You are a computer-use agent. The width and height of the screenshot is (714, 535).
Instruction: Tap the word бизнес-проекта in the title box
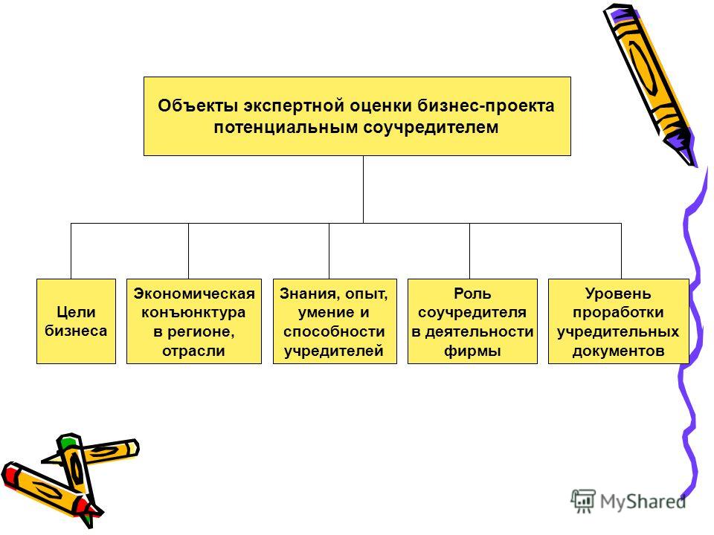[486, 106]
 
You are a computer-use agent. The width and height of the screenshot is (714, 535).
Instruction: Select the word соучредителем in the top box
[431, 127]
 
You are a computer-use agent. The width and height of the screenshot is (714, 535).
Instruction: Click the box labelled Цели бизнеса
[76, 321]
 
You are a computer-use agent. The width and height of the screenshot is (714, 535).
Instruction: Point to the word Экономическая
[194, 294]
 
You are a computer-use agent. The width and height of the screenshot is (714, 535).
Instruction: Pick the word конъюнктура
[193, 313]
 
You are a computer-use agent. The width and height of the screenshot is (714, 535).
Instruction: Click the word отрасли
[193, 351]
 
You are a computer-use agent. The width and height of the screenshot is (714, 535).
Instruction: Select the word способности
[334, 331]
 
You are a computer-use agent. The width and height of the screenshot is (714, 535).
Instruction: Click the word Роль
[472, 294]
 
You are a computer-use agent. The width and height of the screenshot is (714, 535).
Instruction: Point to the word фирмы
[472, 351]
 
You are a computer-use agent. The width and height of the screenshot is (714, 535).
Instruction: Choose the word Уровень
[618, 294]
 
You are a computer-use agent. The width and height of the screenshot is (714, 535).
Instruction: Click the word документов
[618, 351]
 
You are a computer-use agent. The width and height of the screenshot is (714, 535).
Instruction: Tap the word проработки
[618, 313]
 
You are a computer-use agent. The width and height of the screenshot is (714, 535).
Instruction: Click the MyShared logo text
[643, 502]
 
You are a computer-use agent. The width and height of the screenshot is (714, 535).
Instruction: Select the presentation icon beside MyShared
[583, 502]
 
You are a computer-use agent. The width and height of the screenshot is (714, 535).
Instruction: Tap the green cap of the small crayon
[67, 441]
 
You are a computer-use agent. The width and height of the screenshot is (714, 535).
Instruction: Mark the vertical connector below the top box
[363, 189]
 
